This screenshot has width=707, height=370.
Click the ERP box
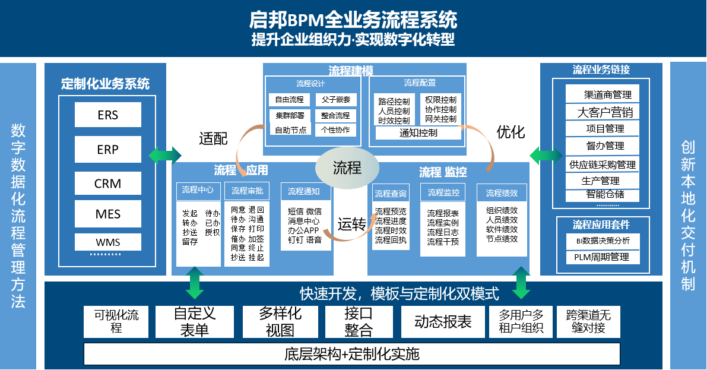(107, 150)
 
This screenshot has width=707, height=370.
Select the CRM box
(107, 184)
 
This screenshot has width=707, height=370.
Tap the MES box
(107, 214)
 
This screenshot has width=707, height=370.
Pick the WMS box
(107, 242)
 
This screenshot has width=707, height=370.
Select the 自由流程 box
(289, 99)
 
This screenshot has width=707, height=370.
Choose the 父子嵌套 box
(335, 99)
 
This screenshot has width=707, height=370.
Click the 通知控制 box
(418, 133)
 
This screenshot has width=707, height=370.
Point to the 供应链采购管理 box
(602, 165)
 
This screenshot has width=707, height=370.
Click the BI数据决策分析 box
(602, 241)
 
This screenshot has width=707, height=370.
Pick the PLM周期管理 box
(602, 257)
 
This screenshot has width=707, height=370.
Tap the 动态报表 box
(442, 322)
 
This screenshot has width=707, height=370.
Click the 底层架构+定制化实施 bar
(351, 355)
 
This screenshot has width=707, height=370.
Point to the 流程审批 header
(247, 191)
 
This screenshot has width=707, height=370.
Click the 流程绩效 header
(501, 192)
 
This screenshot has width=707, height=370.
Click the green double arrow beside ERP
(165, 154)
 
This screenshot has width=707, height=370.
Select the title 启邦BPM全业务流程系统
(353, 20)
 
